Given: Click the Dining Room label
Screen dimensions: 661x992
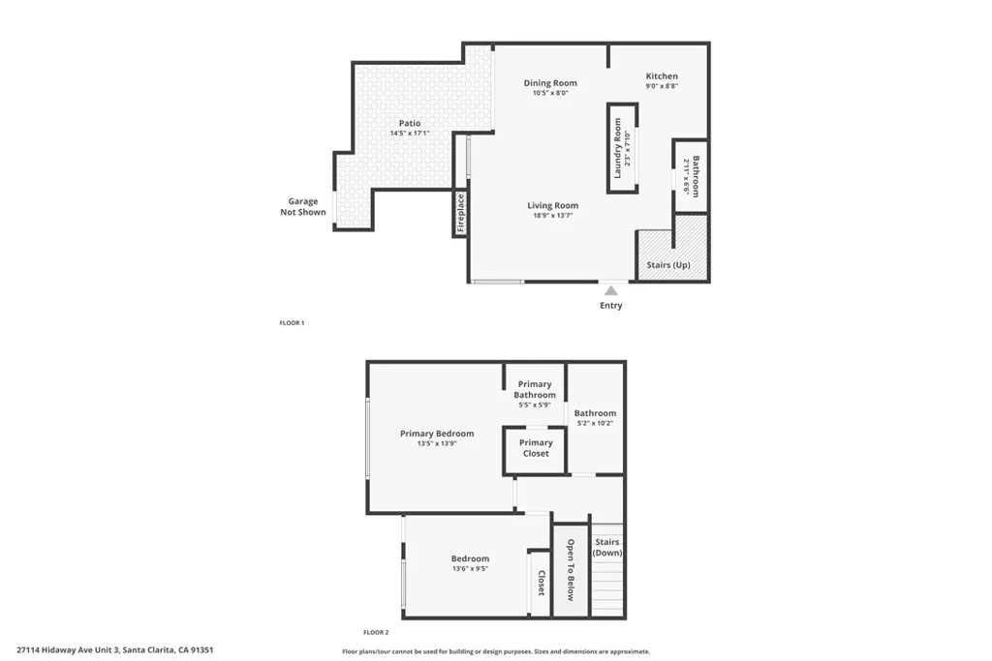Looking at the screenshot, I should pyautogui.click(x=550, y=83).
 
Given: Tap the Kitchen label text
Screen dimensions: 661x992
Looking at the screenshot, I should pyautogui.click(x=662, y=75).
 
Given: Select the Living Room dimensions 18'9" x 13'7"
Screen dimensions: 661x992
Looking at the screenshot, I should pyautogui.click(x=552, y=216).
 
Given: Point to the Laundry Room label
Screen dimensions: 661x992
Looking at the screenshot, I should pyautogui.click(x=617, y=148).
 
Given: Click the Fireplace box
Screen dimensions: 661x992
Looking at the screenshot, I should pyautogui.click(x=461, y=213).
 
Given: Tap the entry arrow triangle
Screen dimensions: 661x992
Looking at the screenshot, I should pyautogui.click(x=610, y=288).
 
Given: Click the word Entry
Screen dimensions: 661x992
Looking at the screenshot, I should pyautogui.click(x=610, y=306).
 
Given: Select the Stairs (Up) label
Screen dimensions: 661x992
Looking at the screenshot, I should pyautogui.click(x=668, y=265).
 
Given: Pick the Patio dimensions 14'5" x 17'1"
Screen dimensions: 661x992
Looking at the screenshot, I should pyautogui.click(x=409, y=134).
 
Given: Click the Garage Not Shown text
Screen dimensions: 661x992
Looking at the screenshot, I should pyautogui.click(x=303, y=207).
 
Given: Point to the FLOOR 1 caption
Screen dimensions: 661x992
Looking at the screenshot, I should pyautogui.click(x=292, y=322).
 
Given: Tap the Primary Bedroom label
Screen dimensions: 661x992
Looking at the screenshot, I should pyautogui.click(x=437, y=434).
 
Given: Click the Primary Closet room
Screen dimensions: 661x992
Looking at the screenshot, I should pyautogui.click(x=536, y=448).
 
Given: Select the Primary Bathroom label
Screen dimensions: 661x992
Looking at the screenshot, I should pyautogui.click(x=535, y=390).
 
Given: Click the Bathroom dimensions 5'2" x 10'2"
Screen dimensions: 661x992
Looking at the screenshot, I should pyautogui.click(x=595, y=423).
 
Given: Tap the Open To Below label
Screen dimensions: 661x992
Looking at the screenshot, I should pyautogui.click(x=571, y=570).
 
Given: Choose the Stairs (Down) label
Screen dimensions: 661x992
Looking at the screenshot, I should pyautogui.click(x=607, y=548).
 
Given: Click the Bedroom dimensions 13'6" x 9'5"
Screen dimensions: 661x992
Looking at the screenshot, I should pyautogui.click(x=470, y=569).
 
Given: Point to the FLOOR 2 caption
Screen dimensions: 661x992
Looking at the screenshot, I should pyautogui.click(x=376, y=632).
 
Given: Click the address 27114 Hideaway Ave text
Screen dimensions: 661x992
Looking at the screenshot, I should pyautogui.click(x=114, y=650).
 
